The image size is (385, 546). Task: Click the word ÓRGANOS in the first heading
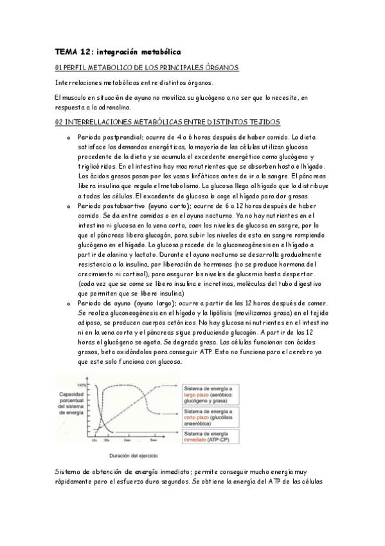[221, 67]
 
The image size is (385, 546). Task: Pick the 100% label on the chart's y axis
[81, 384]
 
